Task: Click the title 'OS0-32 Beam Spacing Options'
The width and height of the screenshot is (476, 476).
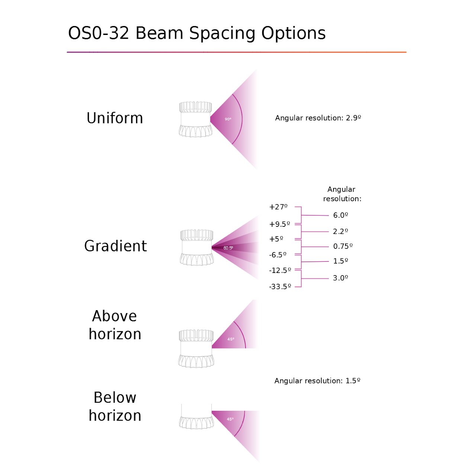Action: tap(197, 33)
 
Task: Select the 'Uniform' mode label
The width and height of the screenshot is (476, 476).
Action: tap(115, 118)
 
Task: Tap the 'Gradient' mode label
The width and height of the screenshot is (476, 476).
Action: tap(116, 246)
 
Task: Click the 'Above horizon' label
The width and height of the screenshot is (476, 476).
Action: tap(115, 325)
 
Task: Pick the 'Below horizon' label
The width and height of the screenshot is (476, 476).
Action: tap(115, 406)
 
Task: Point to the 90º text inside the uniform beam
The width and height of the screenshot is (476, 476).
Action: tap(228, 119)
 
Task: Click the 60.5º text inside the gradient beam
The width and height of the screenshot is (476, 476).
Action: tap(228, 248)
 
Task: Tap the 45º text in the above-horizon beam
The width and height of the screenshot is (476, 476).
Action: tap(231, 339)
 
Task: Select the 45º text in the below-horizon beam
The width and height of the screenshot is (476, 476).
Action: tap(230, 419)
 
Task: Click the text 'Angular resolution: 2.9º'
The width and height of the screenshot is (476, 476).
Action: tap(318, 118)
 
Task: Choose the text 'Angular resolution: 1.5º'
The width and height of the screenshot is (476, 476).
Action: tap(317, 381)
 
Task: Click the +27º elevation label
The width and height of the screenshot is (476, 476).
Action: tap(279, 207)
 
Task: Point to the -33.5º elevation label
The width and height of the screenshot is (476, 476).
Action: tap(280, 287)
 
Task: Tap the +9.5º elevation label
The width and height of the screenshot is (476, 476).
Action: tap(280, 224)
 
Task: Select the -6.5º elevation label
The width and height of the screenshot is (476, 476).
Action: tap(278, 255)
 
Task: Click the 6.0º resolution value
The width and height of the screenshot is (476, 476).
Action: tap(340, 215)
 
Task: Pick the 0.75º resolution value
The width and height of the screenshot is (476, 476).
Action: tap(343, 246)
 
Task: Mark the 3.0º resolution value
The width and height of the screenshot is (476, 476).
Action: tap(340, 278)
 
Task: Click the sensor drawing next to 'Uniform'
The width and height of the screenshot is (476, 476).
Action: tap(195, 119)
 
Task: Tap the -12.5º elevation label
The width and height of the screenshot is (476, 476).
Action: tap(280, 270)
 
